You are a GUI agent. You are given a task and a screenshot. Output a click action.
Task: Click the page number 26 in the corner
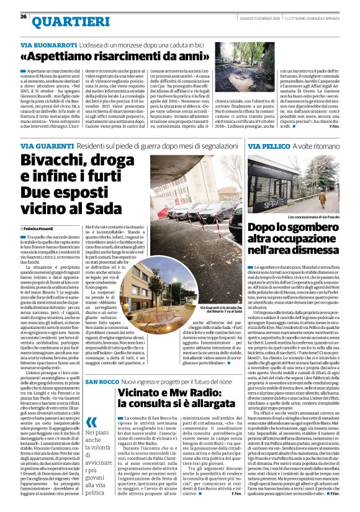pos(22,16)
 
